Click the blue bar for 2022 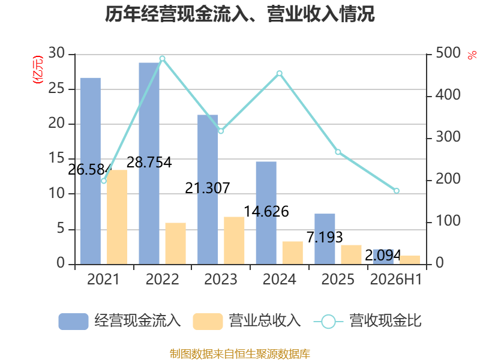tap(149, 163)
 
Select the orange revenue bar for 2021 tap(117, 217)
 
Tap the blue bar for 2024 tap(266, 213)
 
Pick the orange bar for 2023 tap(234, 241)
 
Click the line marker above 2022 tap(163, 59)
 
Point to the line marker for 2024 tap(280, 73)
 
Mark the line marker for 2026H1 tap(397, 191)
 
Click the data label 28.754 tap(149, 162)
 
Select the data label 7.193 tap(325, 237)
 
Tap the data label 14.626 tap(266, 212)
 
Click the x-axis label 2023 tap(221, 280)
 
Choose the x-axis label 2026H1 tap(396, 280)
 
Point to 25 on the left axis tap(56, 89)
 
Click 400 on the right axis tap(448, 95)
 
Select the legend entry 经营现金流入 tap(119, 321)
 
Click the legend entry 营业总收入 tap(247, 321)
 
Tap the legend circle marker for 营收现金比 tap(328, 322)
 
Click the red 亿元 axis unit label tap(38, 70)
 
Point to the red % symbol tap(472, 55)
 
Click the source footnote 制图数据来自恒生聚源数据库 tap(240, 354)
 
